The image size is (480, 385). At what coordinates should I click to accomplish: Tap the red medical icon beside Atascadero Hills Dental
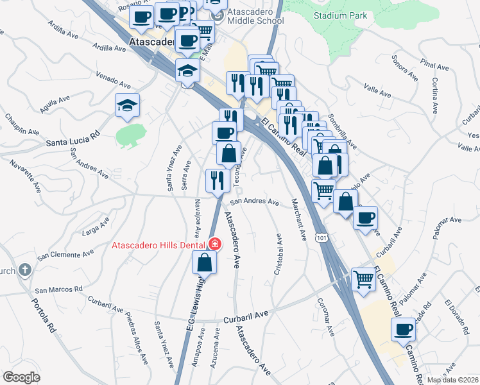(x=214, y=244)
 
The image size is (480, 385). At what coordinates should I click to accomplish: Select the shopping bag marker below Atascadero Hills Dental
(x=204, y=263)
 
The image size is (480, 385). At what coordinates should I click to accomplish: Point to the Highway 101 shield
(x=321, y=238)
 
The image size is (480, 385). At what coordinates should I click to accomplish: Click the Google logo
(x=21, y=377)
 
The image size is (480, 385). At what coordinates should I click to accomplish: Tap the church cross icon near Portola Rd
(x=25, y=269)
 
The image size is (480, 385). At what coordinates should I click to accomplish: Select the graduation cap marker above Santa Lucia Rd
(x=127, y=105)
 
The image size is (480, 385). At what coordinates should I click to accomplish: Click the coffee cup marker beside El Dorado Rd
(x=404, y=330)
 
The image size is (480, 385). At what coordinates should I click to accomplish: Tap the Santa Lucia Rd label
(x=73, y=139)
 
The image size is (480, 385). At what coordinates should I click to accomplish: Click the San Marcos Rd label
(x=59, y=289)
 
